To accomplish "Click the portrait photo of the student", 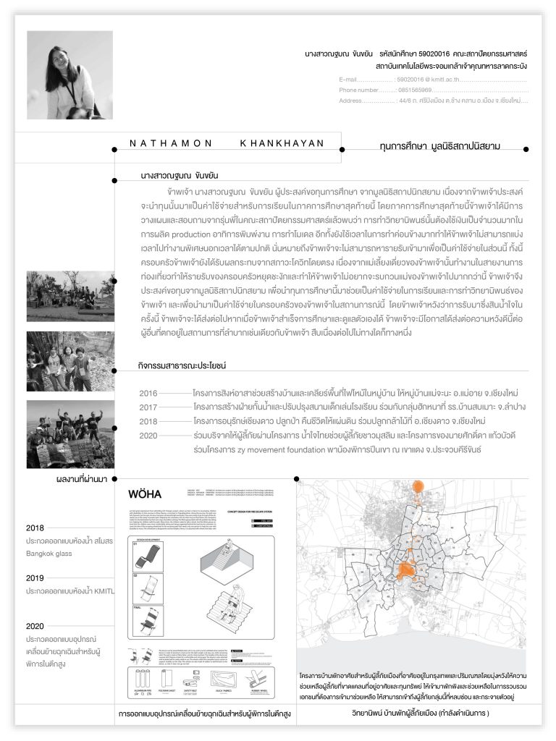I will click(69, 75).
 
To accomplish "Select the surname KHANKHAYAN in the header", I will click(282, 143).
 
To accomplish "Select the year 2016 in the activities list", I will click(148, 393).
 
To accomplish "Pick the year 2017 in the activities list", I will click(148, 407).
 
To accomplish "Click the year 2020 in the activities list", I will click(148, 436).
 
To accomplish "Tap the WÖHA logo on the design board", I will click(145, 495).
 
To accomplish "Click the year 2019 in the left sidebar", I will click(35, 578).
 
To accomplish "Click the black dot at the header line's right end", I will click(526, 149).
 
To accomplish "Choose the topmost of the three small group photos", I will click(70, 296).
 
